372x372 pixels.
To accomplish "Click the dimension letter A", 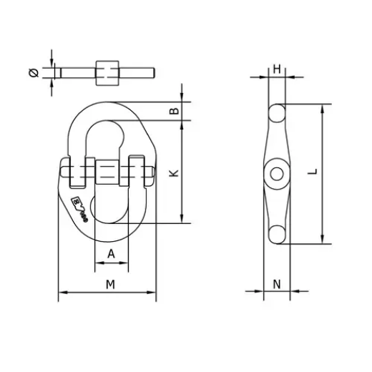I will pos(111,254).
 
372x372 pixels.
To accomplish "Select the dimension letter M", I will pos(109,284).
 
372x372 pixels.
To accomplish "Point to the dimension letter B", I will pos(173,111).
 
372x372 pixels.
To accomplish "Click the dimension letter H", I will pos(277,69).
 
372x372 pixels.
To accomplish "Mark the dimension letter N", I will pos(277,284).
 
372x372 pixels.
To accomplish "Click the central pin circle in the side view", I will pos(275,173).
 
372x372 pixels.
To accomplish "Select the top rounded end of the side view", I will pos(278,112).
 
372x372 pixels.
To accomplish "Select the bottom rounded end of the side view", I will pos(277,233).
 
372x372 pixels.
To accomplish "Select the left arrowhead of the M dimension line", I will pos(61,292).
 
